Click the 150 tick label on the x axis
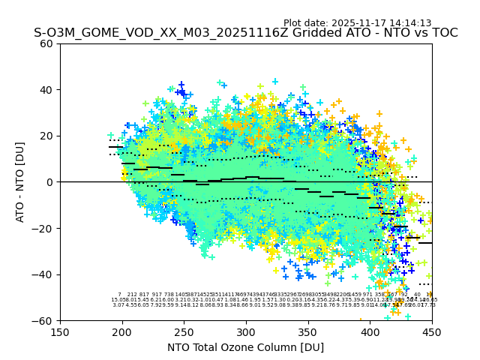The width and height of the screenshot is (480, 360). [x=60, y=331]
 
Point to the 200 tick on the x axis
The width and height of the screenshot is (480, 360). [x=122, y=331]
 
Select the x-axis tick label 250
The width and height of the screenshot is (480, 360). [x=184, y=331]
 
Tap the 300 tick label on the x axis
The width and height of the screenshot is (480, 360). [x=246, y=331]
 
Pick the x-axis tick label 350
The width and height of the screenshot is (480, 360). [x=308, y=331]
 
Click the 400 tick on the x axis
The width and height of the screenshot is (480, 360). [x=370, y=331]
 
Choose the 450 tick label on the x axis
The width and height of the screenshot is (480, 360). [x=432, y=331]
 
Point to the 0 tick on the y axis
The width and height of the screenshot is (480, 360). [x=49, y=182]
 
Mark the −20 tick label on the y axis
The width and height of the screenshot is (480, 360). [x=43, y=228]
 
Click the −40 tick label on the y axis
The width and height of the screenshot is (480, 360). [x=43, y=274]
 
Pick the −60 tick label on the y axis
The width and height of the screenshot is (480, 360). [x=43, y=320]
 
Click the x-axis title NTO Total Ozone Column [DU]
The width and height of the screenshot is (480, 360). [x=246, y=347]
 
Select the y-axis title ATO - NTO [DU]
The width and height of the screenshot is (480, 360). [x=21, y=182]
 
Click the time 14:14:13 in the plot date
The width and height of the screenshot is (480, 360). [x=408, y=23]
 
